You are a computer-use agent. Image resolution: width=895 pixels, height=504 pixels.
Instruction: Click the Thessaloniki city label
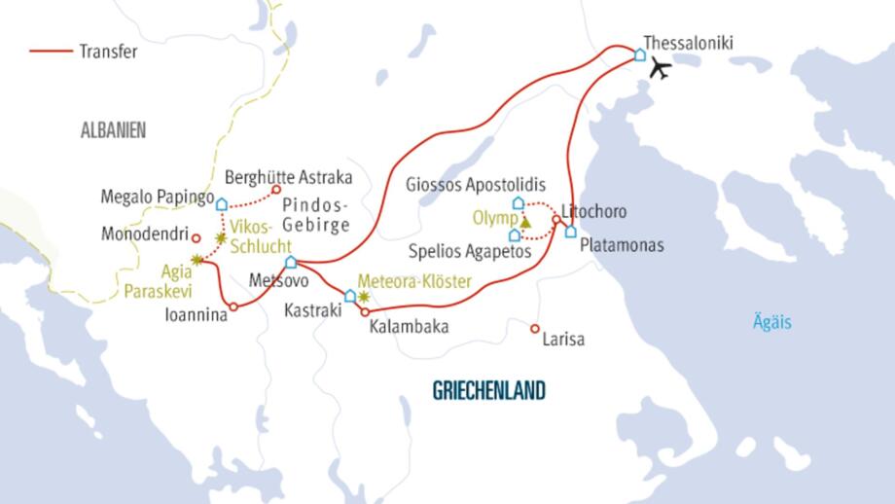[689, 43]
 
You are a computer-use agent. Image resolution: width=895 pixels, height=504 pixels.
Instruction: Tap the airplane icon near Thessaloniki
[661, 69]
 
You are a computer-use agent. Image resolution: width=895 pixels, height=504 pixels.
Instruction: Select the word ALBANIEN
[113, 128]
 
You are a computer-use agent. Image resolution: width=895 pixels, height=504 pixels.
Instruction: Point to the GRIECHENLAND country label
[488, 391]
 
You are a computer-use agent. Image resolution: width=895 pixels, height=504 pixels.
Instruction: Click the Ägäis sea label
[771, 323]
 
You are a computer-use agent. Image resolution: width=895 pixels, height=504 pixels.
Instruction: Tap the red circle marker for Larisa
[534, 329]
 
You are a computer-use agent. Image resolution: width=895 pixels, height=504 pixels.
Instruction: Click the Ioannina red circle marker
[233, 307]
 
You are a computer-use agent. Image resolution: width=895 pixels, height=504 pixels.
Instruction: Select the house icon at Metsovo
[290, 262]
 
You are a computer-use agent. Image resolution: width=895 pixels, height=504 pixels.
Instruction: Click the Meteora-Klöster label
[415, 282]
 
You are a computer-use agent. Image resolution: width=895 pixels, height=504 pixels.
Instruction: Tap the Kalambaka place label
[409, 328]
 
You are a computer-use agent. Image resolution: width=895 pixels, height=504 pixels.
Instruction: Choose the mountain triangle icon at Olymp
[526, 222]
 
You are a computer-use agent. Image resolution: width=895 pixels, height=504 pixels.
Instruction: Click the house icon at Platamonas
[570, 232]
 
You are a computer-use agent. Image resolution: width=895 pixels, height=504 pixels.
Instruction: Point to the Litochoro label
[594, 211]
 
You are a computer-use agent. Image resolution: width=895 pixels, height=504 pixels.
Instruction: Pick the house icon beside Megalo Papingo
[222, 204]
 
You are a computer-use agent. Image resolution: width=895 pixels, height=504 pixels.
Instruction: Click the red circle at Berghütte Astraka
[276, 190]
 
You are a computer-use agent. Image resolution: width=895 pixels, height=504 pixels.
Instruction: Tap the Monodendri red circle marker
[196, 236]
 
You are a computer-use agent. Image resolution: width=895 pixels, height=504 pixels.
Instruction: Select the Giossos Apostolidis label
[473, 185]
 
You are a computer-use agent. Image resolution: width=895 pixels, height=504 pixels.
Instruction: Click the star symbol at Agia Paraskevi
[197, 259]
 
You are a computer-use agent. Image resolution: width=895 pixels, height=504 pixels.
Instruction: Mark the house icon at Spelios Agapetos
[514, 235]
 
